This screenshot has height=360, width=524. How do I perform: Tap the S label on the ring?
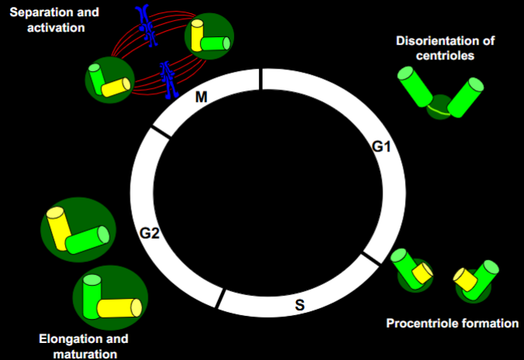[x=299, y=304]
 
